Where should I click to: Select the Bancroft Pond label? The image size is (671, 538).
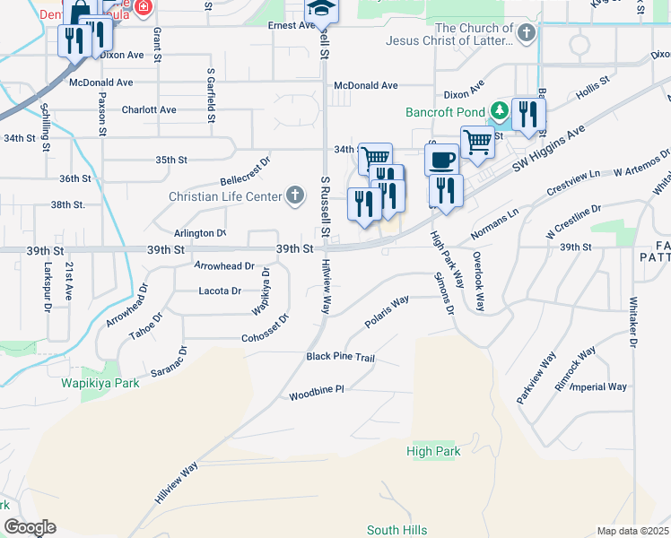pos(444,113)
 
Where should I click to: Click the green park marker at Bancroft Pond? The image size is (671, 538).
pos(500,113)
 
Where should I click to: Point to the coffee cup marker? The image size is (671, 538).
pos(440,161)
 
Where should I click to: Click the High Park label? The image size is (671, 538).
pos(433,451)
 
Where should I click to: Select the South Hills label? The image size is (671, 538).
pos(396,530)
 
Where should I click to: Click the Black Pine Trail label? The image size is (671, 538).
pos(340,357)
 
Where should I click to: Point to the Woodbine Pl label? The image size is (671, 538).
pos(317,395)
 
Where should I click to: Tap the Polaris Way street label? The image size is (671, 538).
pos(387,310)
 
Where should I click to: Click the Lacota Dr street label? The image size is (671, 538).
pos(220,291)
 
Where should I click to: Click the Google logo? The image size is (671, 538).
pos(30,527)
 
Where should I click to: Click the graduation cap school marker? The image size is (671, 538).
pos(319,8)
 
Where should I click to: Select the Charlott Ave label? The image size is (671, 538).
pos(149,110)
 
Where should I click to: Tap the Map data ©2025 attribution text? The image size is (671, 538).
pos(632,531)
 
